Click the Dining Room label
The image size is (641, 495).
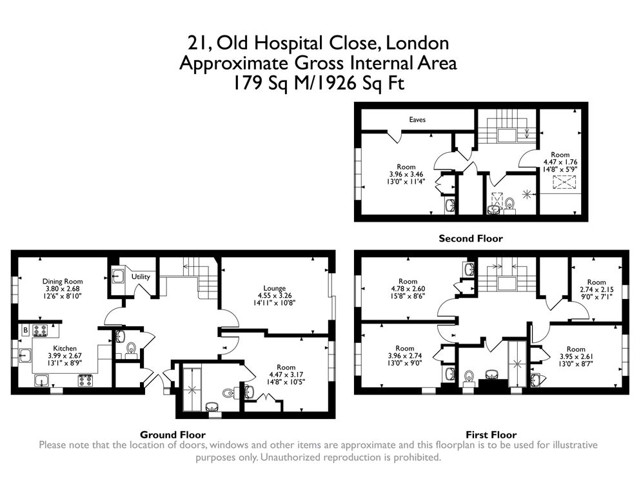point(62,281)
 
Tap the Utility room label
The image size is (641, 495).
point(141,277)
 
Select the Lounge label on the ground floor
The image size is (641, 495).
point(274,288)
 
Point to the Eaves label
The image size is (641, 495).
point(417,120)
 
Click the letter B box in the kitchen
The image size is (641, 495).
point(25,330)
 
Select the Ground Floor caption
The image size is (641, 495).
point(172,434)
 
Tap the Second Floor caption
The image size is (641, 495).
point(470,238)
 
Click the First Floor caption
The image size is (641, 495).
point(491,434)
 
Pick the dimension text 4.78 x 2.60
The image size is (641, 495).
point(408,289)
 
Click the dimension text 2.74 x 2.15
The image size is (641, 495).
point(597,290)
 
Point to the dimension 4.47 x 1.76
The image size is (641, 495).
point(560,162)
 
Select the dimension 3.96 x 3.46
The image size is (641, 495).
point(406,175)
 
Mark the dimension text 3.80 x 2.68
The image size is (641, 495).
point(62,289)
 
